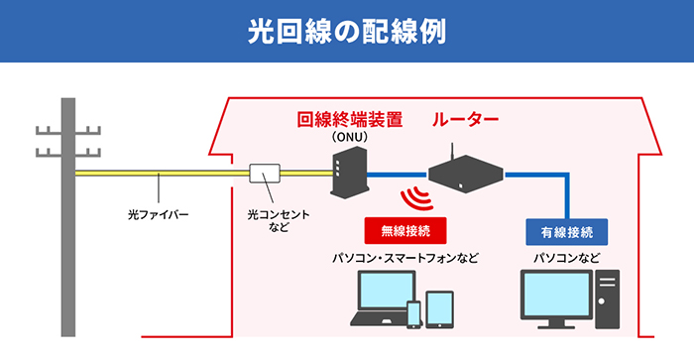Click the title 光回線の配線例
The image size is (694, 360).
click(347, 30)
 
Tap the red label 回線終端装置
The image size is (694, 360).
click(350, 121)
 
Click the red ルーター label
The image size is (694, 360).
click(465, 121)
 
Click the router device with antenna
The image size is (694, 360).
click(465, 177)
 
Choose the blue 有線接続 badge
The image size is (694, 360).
click(566, 232)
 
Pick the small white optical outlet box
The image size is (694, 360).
click(265, 175)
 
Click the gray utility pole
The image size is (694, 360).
click(68, 218)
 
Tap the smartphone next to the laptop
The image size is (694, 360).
click(414, 313)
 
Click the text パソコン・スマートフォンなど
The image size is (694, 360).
click(405, 259)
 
